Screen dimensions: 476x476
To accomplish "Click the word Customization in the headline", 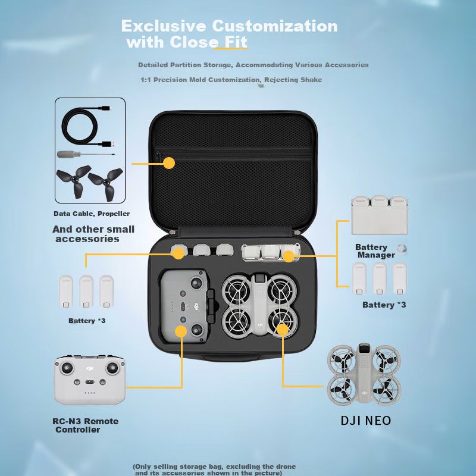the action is [x=274, y=26].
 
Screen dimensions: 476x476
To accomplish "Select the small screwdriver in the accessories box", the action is [x=86, y=154].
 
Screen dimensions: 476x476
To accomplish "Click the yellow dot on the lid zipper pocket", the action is [x=169, y=163].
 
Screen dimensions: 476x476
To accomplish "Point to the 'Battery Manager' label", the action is [x=375, y=251].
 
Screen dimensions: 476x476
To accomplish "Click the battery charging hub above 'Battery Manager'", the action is [x=379, y=215].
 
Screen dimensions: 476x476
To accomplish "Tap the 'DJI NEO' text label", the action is [x=366, y=421].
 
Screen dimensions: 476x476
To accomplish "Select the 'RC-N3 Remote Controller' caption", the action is [x=85, y=425].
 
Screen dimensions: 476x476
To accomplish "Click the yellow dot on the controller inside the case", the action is [x=181, y=331].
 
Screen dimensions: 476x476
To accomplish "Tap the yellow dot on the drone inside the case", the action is [x=283, y=330].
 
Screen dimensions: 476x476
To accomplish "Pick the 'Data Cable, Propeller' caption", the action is [x=92, y=214].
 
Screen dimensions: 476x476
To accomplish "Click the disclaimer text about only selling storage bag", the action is [x=214, y=469].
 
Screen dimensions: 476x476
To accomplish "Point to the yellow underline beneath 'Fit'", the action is [x=231, y=48].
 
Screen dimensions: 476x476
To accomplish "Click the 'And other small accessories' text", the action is [x=93, y=234].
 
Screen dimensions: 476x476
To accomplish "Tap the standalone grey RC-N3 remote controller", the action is [x=90, y=380].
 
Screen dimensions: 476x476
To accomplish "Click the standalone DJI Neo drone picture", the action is [x=364, y=374].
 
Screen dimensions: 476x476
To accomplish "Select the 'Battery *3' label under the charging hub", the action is [x=384, y=305].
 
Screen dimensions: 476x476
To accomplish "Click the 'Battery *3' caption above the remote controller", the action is [x=87, y=321].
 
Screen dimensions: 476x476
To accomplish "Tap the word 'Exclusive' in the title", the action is [x=164, y=26].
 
